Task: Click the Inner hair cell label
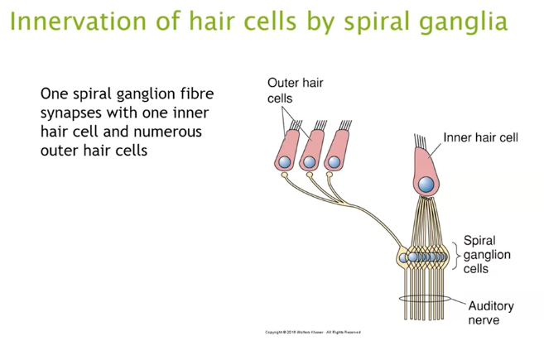[480, 137]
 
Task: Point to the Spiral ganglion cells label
[487, 255]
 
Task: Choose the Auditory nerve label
[491, 313]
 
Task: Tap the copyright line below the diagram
[312, 332]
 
